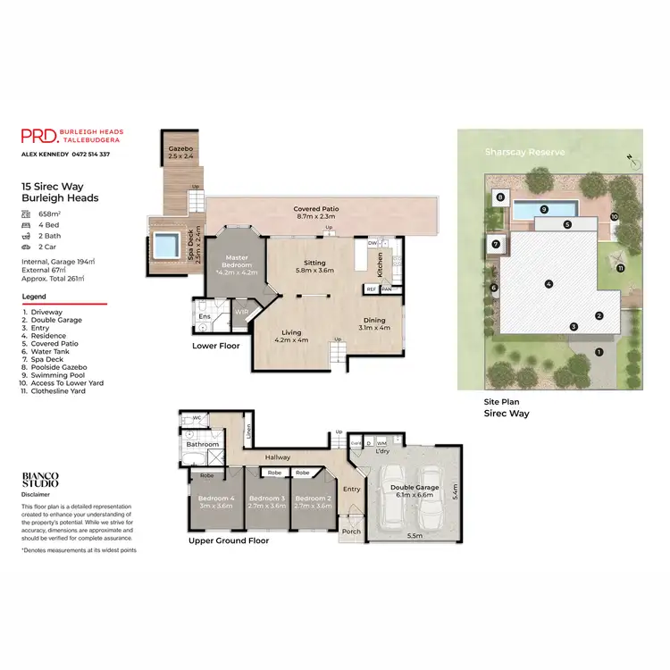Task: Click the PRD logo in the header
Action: [40, 136]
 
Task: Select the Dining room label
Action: [373, 323]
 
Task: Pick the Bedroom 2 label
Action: [313, 501]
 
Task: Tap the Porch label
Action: [352, 532]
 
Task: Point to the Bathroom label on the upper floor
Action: [204, 443]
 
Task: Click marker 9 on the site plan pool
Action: [543, 209]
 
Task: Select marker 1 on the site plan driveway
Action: [599, 352]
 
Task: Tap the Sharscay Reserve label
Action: [524, 152]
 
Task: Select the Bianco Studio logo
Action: [40, 481]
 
